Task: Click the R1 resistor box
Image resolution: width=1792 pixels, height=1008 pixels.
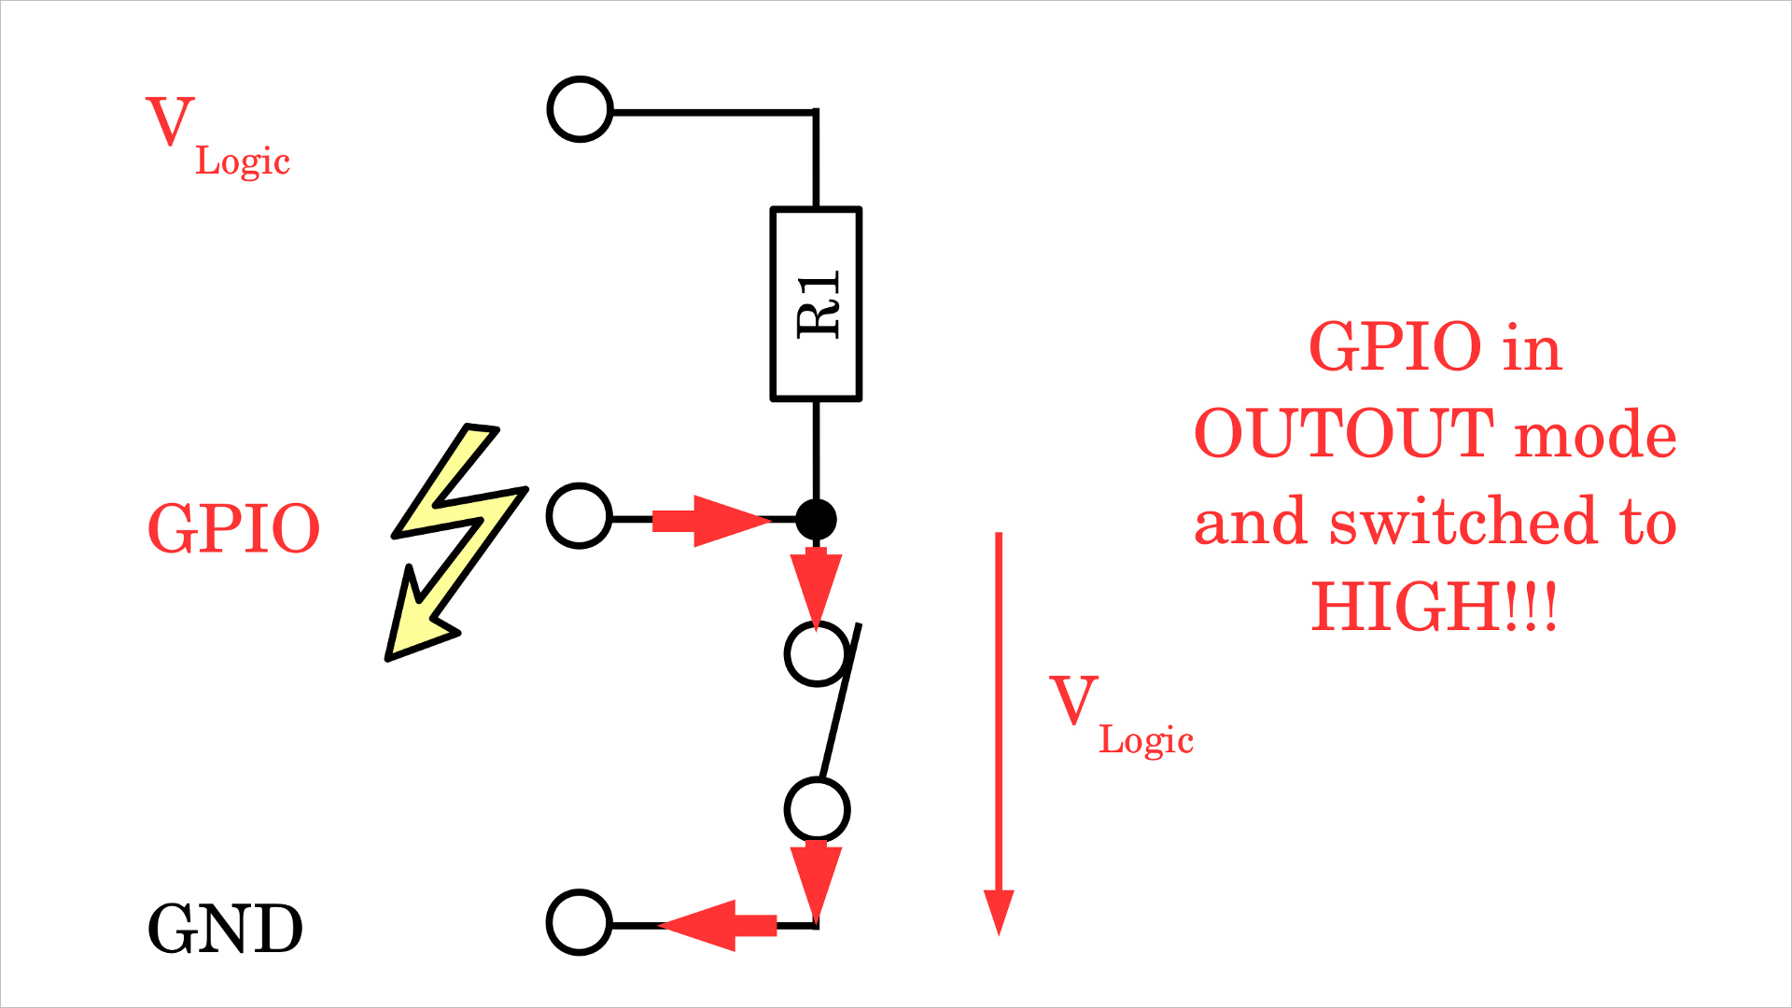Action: point(816,304)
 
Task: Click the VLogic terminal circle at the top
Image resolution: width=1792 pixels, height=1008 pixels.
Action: point(580,109)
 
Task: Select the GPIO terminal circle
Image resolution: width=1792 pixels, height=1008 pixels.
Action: point(580,516)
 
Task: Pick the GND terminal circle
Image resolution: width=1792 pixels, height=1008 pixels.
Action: point(580,922)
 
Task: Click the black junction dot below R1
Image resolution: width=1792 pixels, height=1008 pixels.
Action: point(816,519)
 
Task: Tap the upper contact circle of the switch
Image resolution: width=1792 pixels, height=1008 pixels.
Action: point(817,653)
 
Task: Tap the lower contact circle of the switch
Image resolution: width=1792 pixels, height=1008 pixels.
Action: point(817,809)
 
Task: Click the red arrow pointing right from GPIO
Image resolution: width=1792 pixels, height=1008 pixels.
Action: point(709,521)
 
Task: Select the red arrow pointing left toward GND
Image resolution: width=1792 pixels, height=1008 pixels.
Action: point(719,925)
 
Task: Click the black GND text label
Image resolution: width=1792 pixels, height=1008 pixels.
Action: point(225,929)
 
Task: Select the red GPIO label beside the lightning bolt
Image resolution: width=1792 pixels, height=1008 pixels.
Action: point(233,528)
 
